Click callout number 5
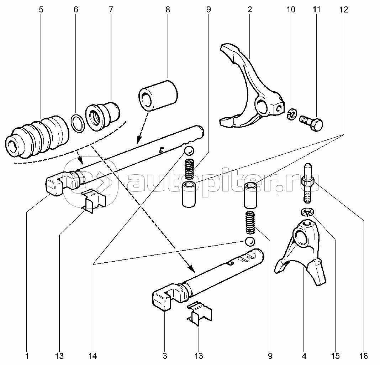point(41,10)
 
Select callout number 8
point(167,10)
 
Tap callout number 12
point(343,10)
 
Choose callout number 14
point(94,355)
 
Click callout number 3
point(165,355)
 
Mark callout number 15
point(335,355)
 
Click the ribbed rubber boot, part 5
point(37,135)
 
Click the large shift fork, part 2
point(249,89)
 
